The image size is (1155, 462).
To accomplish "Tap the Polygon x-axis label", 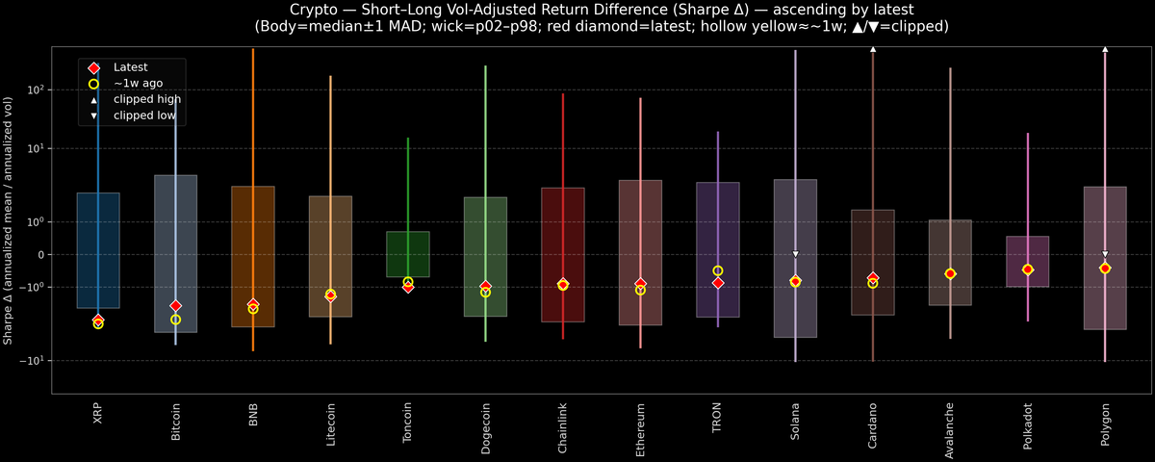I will (1105, 423).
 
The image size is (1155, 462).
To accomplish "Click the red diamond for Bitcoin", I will (175, 306).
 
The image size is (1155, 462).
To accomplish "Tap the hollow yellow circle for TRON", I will (718, 271).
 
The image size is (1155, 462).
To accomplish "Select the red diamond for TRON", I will (718, 283).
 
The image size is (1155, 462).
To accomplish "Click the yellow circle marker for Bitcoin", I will (175, 320).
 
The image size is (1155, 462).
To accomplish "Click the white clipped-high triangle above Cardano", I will (873, 47).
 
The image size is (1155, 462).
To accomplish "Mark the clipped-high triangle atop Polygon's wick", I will (1105, 47).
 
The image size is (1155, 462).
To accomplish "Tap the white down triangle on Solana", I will (795, 254).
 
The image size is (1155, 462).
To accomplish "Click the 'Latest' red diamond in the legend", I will (93, 67).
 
